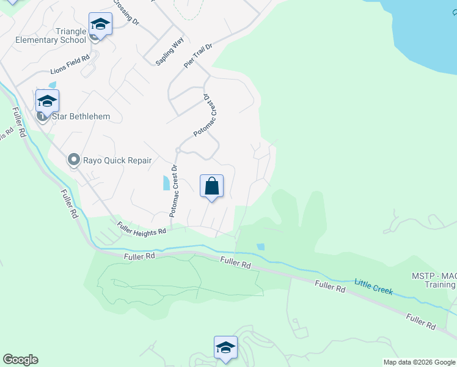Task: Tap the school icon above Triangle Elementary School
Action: (x=100, y=24)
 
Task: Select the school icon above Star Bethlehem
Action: (x=47, y=101)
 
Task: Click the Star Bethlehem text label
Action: (x=73, y=116)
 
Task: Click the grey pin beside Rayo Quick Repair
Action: (x=73, y=160)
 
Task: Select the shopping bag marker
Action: (x=211, y=186)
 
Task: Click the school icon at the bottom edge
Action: (x=225, y=348)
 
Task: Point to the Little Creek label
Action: (x=373, y=286)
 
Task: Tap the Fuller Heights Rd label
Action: (x=142, y=229)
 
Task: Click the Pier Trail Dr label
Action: (x=198, y=56)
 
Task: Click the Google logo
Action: (x=20, y=360)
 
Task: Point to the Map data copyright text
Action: (x=419, y=362)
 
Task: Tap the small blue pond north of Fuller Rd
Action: (x=261, y=247)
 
